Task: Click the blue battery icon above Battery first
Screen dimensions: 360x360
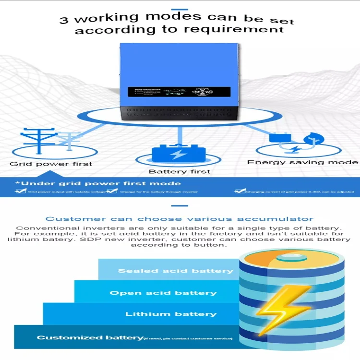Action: [x=179, y=154]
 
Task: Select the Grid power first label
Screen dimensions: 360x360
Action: [x=51, y=164]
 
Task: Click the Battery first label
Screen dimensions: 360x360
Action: [x=179, y=171]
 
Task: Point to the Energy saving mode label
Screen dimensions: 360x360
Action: [x=302, y=162]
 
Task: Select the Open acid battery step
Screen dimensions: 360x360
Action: [x=163, y=293]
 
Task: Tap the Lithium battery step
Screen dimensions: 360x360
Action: [x=171, y=314]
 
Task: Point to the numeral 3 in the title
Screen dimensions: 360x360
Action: [x=64, y=20]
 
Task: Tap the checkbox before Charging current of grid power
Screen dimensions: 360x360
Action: [x=239, y=192]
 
